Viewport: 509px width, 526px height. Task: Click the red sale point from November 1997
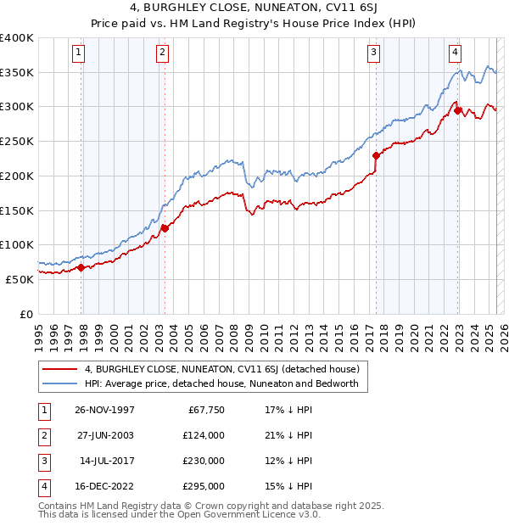pyautogui.click(x=81, y=267)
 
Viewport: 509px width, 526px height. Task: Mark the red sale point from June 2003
pyautogui.click(x=165, y=227)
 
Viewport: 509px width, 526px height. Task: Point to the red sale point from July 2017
pyautogui.click(x=376, y=155)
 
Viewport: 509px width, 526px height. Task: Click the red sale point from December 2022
pyautogui.click(x=457, y=110)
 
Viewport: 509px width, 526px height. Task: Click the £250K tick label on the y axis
pyautogui.click(x=17, y=142)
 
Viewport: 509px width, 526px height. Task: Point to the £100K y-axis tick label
pyautogui.click(x=17, y=244)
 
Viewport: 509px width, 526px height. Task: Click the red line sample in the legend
pyautogui.click(x=59, y=370)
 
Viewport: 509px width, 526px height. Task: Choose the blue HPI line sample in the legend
pyautogui.click(x=59, y=384)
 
